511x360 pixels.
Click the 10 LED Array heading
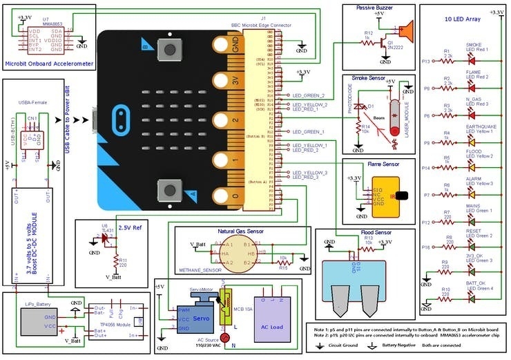pyautogui.click(x=463, y=19)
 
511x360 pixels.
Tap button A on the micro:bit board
pyautogui.click(x=168, y=191)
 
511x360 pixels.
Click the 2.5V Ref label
pyautogui.click(x=131, y=227)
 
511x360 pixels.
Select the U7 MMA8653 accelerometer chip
pyautogui.click(x=46, y=40)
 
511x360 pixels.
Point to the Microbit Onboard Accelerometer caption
pyautogui.click(x=48, y=64)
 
